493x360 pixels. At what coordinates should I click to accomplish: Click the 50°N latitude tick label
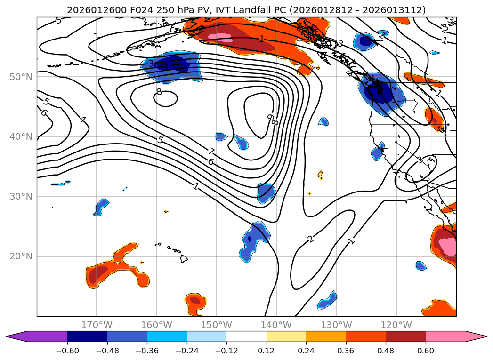(x=21, y=77)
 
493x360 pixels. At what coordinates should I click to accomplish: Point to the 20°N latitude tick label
(x=21, y=256)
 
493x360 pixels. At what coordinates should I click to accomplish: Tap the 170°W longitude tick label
(x=97, y=325)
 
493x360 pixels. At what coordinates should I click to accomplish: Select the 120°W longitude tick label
(x=396, y=325)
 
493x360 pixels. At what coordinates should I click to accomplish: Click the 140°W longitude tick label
(x=276, y=325)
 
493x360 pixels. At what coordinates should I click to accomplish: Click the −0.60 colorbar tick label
(x=67, y=351)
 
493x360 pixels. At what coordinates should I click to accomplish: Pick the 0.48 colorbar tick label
(x=386, y=351)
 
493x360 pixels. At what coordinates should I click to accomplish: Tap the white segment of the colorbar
(x=246, y=336)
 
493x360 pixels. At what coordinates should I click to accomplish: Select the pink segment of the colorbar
(x=445, y=336)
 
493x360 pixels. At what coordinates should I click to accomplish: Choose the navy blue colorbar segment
(x=87, y=336)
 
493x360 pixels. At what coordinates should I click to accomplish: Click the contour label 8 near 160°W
(x=159, y=92)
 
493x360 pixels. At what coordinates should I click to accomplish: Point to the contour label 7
(x=211, y=152)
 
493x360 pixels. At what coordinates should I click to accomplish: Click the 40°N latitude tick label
(x=21, y=137)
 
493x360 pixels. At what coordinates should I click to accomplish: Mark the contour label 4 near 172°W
(x=82, y=120)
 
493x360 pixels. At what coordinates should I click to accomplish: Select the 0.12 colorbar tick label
(x=266, y=351)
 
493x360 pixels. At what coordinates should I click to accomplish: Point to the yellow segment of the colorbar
(x=286, y=336)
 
